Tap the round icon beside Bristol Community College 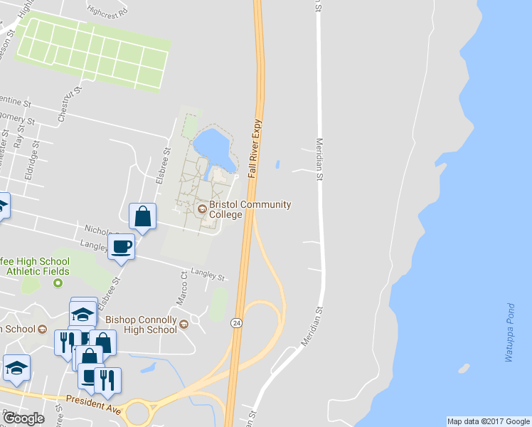tap(202, 209)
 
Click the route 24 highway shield tap(235, 323)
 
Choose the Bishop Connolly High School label tap(141, 325)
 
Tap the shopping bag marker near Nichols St tap(142, 216)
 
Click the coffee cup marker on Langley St tap(122, 247)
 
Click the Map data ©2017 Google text tap(488, 421)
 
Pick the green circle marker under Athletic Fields tap(58, 283)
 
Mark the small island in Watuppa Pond tap(464, 369)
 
